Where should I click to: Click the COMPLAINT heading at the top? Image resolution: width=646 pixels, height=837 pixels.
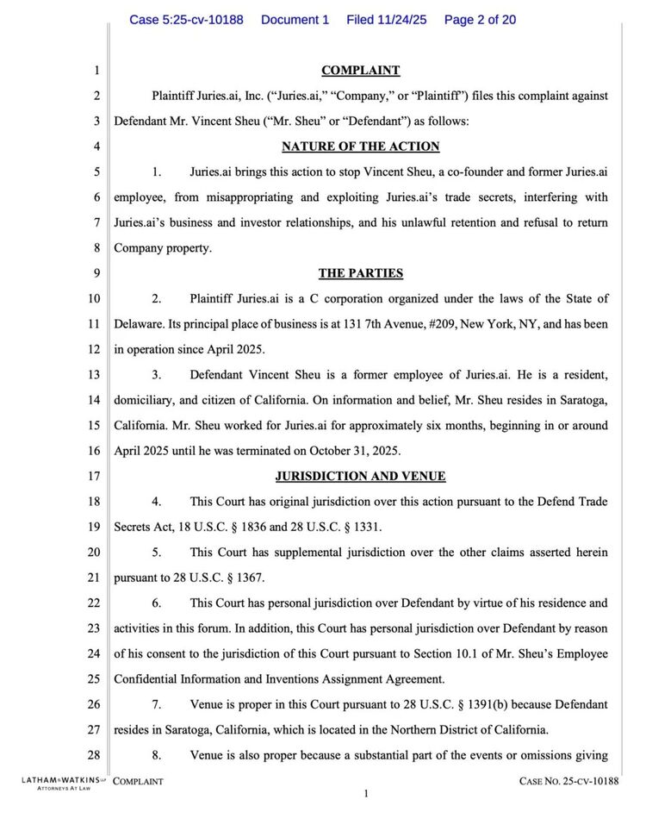(x=360, y=71)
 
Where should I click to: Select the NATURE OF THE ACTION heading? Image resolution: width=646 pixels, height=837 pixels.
(x=360, y=147)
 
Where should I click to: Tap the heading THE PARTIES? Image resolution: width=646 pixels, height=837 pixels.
(x=360, y=273)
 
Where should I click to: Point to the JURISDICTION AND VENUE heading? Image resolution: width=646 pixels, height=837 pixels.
(x=360, y=476)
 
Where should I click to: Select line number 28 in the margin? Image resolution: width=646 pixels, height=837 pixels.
(x=94, y=755)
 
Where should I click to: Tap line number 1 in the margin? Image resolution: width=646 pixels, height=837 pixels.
(x=96, y=71)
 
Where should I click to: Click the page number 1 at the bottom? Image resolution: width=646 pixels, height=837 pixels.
(x=365, y=794)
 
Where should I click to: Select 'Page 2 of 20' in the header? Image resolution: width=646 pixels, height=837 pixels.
(x=480, y=19)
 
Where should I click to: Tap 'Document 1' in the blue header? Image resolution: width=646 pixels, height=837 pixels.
(x=295, y=19)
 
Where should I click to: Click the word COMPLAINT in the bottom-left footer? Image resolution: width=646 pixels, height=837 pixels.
(x=138, y=781)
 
